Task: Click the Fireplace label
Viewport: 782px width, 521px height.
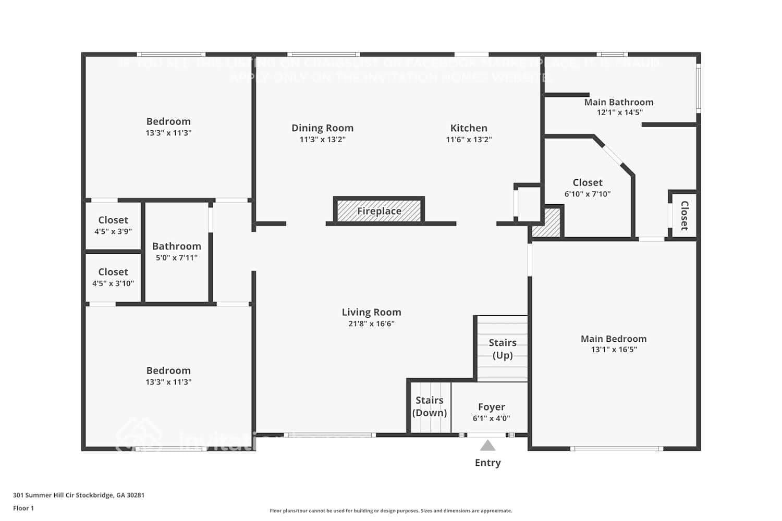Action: pos(379,211)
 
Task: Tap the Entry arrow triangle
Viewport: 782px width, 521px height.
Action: pos(487,445)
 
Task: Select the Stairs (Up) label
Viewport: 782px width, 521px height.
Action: pos(503,349)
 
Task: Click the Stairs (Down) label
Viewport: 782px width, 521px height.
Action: pos(430,406)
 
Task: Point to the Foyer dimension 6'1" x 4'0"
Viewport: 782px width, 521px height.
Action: pos(491,418)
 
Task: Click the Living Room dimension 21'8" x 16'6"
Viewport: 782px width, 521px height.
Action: pos(371,324)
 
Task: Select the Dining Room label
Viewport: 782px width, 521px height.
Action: pos(322,128)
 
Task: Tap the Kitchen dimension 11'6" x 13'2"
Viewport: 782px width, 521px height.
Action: pos(469,140)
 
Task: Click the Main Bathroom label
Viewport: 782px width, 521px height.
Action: pos(618,102)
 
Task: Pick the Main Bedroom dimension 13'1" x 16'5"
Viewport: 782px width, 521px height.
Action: pos(614,350)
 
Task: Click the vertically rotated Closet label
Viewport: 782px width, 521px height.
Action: pos(685,216)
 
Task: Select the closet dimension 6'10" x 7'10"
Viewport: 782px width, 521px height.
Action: pos(587,194)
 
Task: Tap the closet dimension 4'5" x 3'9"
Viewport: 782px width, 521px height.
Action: pos(113,231)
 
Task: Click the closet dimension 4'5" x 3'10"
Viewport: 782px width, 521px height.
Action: pos(113,283)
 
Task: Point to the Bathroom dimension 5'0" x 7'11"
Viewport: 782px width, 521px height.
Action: pos(177,257)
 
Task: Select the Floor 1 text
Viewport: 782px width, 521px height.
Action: pos(23,508)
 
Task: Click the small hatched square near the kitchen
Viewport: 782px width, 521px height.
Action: pos(547,225)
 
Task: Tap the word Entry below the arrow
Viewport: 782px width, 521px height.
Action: pos(487,463)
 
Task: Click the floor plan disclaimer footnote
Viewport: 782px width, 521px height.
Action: pos(390,511)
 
